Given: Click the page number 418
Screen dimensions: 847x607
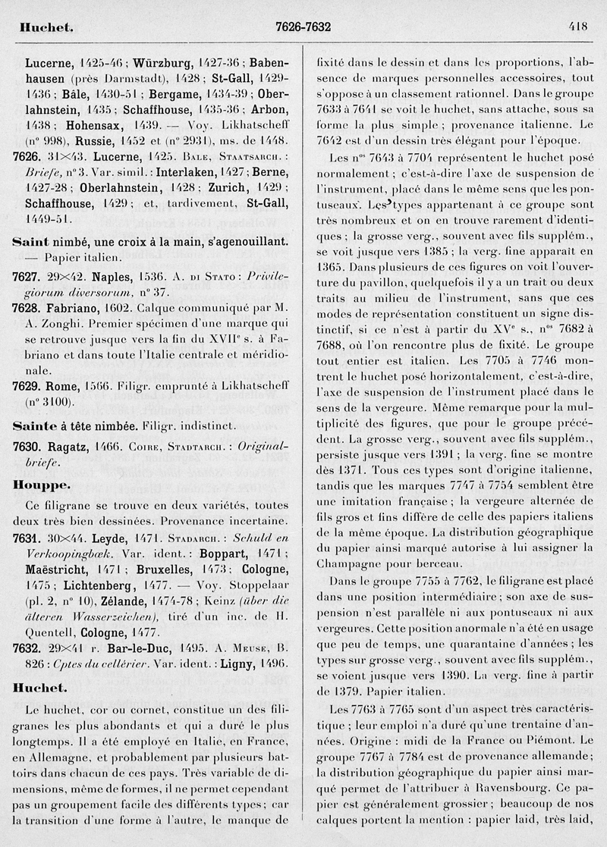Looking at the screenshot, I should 577,27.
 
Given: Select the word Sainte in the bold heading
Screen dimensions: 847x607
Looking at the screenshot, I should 33,426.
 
